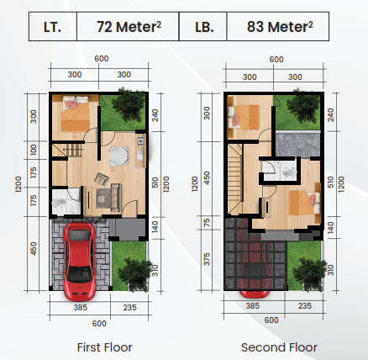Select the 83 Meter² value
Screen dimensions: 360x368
click(276, 26)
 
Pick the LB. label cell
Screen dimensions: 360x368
click(202, 26)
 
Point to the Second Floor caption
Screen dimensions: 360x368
click(279, 347)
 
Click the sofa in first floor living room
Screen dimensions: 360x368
click(106, 198)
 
